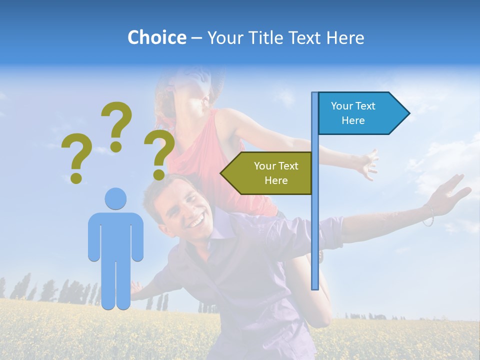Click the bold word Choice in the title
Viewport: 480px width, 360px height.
point(156,37)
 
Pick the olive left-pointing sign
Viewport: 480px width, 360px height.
point(270,173)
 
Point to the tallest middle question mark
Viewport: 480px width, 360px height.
point(116,126)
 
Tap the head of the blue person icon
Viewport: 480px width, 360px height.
point(115,198)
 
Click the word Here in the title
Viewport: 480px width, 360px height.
point(345,37)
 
